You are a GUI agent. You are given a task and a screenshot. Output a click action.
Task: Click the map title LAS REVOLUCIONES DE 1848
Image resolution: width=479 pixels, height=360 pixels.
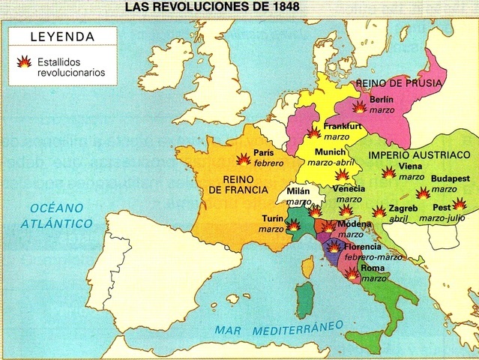(218, 8)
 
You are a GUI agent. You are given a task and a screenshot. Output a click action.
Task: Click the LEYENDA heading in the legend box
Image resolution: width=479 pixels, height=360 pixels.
(63, 37)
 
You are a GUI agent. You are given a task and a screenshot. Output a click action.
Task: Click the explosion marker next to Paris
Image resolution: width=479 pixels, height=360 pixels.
(243, 159)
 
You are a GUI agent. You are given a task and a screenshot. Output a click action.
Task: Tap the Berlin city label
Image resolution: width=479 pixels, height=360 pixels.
(382, 99)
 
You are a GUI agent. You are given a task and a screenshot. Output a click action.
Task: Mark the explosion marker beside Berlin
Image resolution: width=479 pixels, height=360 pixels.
(361, 106)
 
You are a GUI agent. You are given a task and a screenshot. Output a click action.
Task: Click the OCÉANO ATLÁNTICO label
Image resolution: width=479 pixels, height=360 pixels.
(56, 216)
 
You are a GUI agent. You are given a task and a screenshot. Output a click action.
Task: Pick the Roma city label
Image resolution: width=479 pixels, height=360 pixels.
(373, 268)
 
